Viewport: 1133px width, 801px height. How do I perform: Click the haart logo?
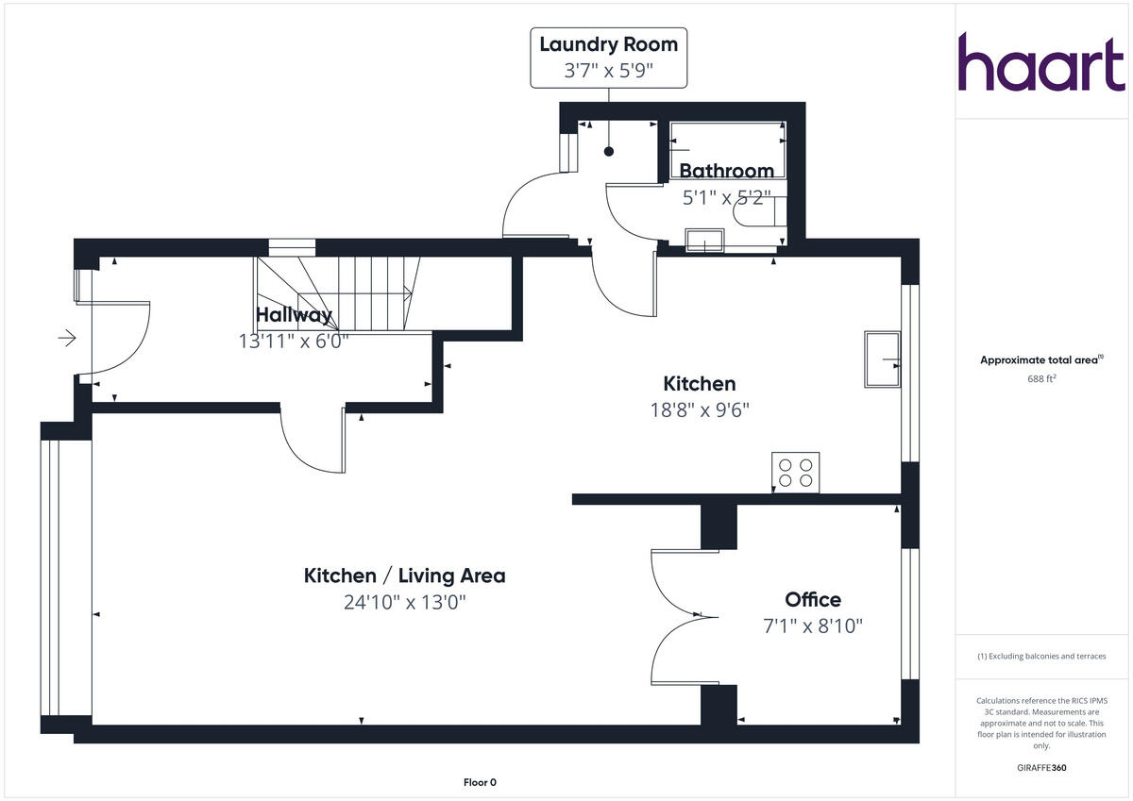point(1041,63)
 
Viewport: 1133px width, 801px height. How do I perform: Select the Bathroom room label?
point(726,171)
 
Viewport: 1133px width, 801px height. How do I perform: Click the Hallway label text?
point(294,315)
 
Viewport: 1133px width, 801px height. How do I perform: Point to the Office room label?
point(813,600)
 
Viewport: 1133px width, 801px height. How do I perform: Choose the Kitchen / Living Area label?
point(404,576)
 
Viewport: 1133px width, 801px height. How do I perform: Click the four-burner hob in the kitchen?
point(796,472)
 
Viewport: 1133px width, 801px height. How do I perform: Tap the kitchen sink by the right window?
point(882,359)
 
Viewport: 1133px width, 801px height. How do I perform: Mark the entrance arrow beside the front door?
point(67,338)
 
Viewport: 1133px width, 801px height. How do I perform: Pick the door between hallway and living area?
point(313,441)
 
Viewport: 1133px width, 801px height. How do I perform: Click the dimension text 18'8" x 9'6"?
point(699,409)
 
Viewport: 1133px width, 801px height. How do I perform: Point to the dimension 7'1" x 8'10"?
point(813,626)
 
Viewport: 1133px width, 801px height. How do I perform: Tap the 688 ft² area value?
point(1041,379)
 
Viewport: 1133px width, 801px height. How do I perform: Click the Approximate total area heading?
point(1040,359)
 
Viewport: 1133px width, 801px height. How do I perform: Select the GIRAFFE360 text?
point(1040,768)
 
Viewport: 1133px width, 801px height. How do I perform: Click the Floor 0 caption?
point(480,782)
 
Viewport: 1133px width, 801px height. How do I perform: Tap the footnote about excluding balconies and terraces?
point(1040,656)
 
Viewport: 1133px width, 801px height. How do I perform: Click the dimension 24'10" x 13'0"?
point(404,602)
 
